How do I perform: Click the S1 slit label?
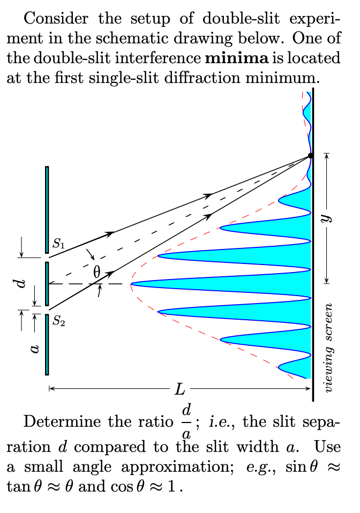tap(59, 246)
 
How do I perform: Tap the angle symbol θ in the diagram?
tap(96, 272)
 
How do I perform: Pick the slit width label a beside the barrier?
tap(34, 349)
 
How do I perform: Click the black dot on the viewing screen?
tap(311, 156)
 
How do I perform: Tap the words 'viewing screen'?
tap(330, 348)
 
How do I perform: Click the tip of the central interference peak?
tap(133, 284)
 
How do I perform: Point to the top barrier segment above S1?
tap(47, 209)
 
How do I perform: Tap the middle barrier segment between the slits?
tap(47, 284)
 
